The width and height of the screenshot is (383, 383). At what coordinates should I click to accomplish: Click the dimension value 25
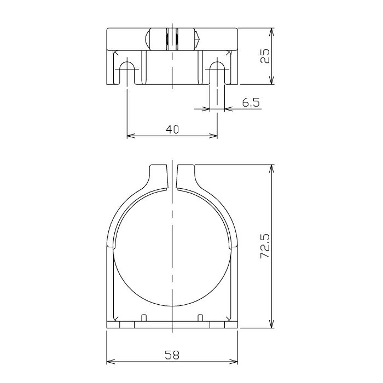tap(265, 55)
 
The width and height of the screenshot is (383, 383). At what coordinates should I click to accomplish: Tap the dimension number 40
tap(172, 130)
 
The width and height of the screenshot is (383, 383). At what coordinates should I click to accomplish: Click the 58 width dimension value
tap(172, 355)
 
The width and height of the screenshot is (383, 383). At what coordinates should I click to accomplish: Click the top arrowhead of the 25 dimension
tap(272, 29)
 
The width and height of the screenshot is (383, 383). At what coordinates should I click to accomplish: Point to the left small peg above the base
tap(144, 317)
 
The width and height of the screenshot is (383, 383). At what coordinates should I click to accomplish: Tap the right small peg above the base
tap(200, 317)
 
